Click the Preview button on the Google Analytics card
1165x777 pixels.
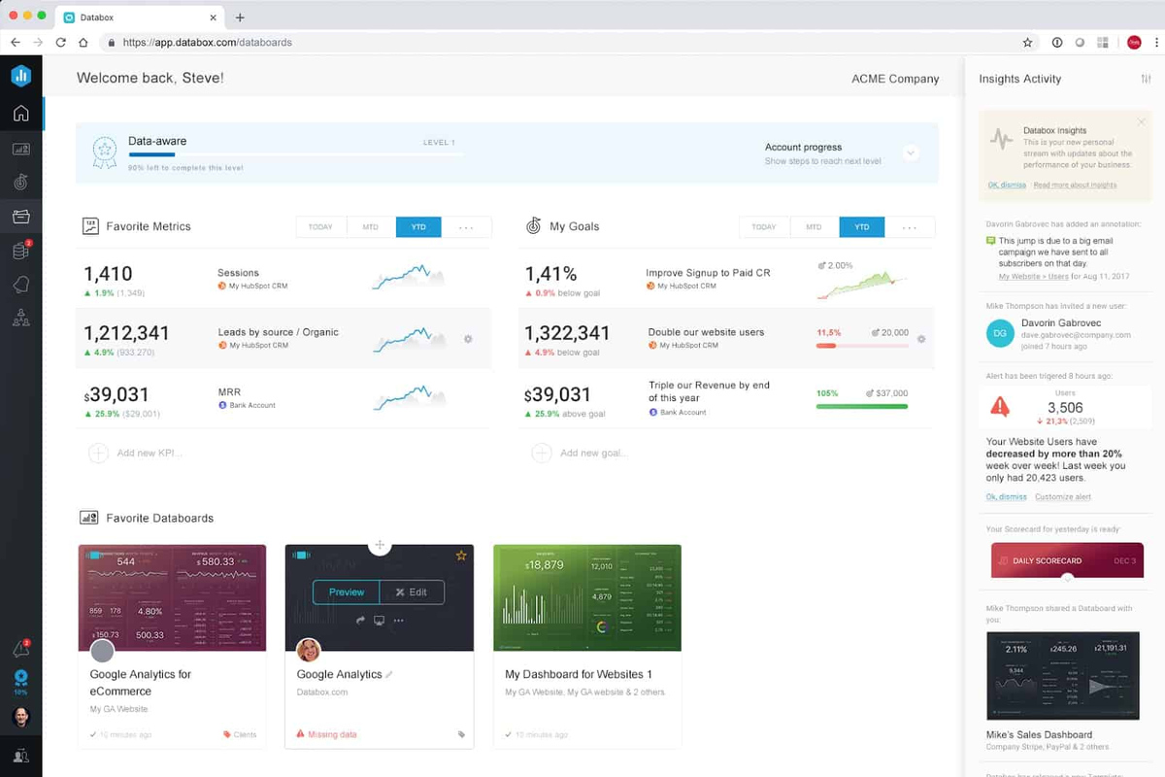346,592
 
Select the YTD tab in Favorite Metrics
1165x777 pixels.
418,227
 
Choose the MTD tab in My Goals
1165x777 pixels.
814,227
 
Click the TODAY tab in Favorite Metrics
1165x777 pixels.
320,227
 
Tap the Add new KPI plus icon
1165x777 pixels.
98,453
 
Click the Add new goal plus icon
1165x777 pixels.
542,453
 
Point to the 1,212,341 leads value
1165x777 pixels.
127,333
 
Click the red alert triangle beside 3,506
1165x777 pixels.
999,407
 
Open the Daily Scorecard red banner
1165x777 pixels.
1067,560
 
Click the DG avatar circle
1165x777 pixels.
999,334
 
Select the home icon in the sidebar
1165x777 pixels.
20,114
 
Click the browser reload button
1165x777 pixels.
60,43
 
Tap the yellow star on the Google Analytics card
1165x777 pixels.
461,556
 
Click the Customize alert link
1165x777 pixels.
1063,497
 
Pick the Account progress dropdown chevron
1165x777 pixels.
911,153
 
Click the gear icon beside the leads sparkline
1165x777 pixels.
468,339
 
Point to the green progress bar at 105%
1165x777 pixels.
862,406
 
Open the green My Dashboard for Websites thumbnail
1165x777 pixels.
587,597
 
